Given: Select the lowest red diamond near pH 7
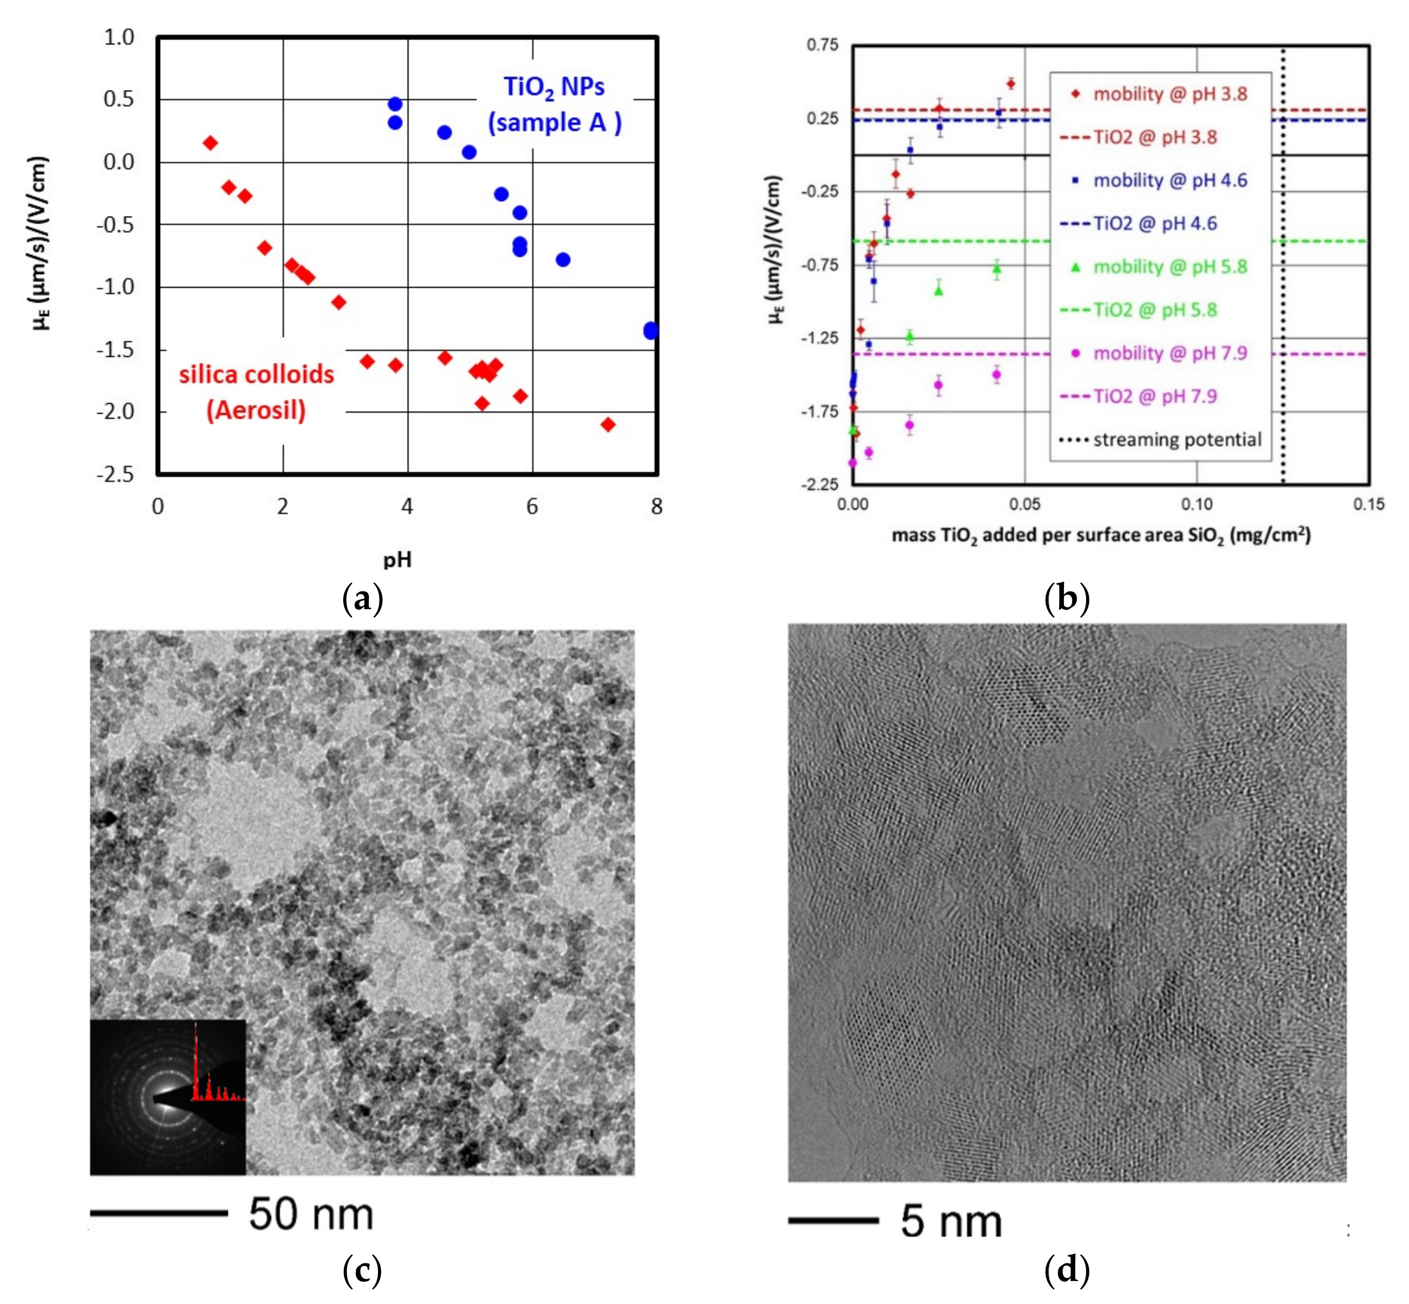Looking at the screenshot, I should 608,424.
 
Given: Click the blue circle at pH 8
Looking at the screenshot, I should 651,330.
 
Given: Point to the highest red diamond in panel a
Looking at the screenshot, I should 210,143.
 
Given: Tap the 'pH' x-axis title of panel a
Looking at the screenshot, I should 397,559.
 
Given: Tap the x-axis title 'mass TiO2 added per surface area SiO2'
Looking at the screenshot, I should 1101,536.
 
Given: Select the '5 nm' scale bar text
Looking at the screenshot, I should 951,1221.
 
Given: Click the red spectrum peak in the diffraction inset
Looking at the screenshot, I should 196,1058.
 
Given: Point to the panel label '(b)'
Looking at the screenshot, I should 1067,598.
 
